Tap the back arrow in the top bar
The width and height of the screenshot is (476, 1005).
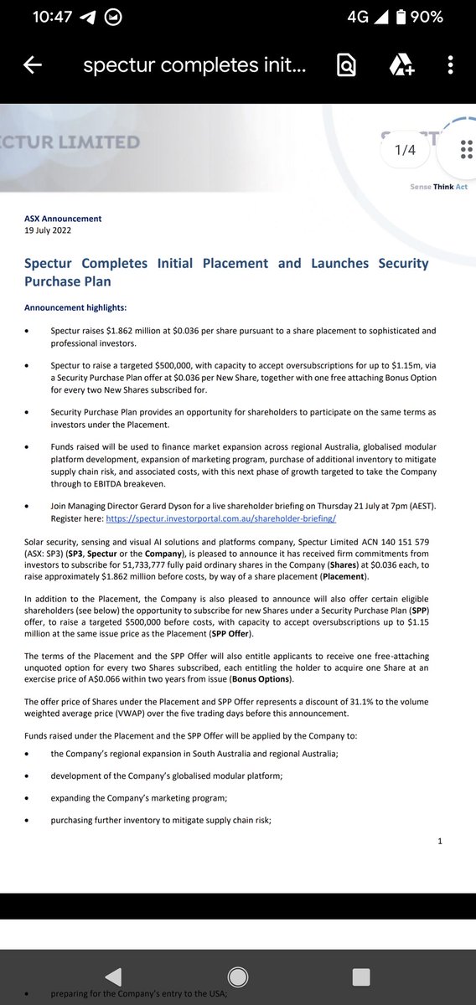[34, 66]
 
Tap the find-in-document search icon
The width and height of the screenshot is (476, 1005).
[344, 66]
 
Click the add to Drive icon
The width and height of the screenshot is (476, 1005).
[399, 66]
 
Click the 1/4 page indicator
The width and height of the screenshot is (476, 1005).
[405, 150]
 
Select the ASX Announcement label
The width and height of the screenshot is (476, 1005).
[63, 219]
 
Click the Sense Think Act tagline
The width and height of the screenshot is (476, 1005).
[439, 187]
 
